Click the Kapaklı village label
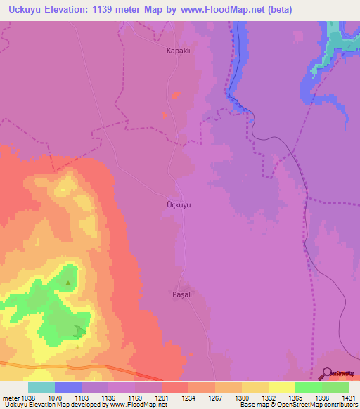pos(179,51)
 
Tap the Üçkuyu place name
pos(179,205)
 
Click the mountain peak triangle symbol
pos(68,283)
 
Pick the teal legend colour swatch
pos(41,387)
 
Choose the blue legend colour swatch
pos(68,387)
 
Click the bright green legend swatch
pos(308,387)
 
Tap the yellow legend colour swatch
pos(281,387)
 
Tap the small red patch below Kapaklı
pos(175,96)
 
